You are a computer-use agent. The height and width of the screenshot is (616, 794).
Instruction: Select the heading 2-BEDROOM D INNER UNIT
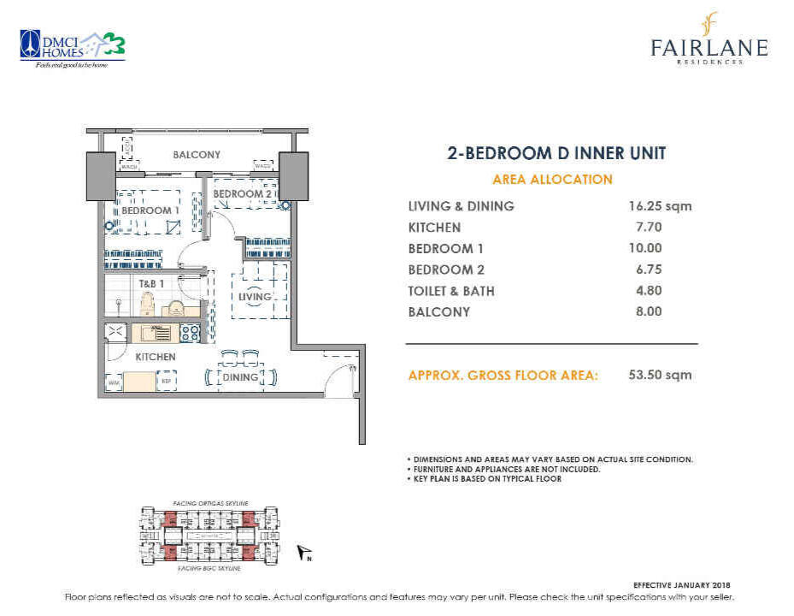point(556,154)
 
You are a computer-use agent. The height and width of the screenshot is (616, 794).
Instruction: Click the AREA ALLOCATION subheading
point(552,180)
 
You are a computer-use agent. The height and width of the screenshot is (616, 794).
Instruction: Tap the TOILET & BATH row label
point(451,291)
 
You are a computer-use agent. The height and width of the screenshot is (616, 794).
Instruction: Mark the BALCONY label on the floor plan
point(197,155)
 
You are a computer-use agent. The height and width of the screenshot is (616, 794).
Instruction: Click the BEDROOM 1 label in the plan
point(150,210)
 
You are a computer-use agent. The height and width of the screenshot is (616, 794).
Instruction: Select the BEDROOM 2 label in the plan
point(242,194)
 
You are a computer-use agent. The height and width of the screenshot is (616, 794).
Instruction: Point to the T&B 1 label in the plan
point(150,283)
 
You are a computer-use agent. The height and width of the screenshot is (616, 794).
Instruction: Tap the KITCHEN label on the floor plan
point(155,357)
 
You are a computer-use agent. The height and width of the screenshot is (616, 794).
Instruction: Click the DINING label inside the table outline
point(240,376)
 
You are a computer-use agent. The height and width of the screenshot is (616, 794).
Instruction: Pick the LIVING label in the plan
point(254,297)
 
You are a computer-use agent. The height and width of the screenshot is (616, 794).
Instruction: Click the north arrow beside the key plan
point(303,553)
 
